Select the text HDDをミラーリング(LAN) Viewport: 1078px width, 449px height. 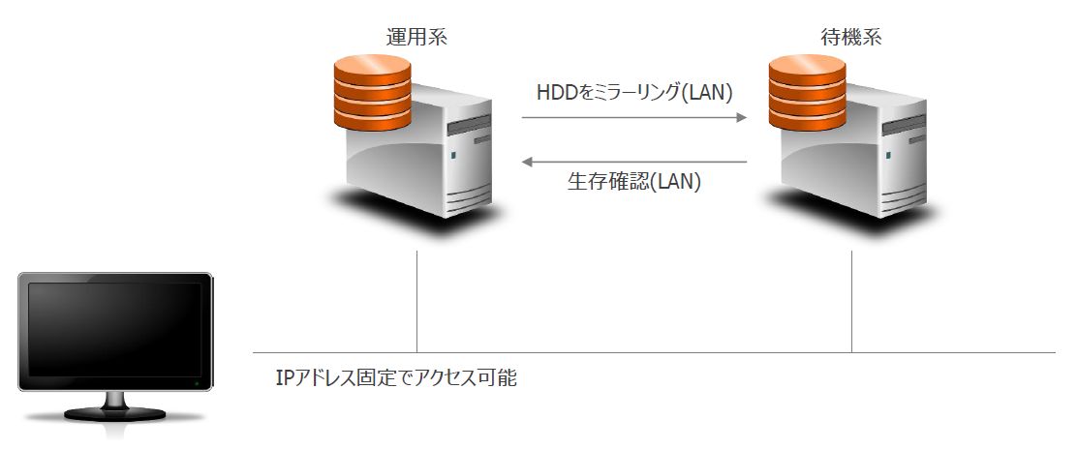pyautogui.click(x=634, y=93)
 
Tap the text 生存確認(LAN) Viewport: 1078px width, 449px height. pyautogui.click(x=634, y=181)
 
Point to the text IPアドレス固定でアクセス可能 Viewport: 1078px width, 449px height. pyautogui.click(x=396, y=378)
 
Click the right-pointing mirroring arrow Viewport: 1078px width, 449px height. pyautogui.click(x=634, y=118)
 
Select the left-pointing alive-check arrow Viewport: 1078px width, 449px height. pyautogui.click(x=634, y=162)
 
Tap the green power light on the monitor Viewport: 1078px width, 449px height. pyautogui.click(x=197, y=384)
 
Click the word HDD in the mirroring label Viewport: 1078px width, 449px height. pyautogui.click(x=556, y=93)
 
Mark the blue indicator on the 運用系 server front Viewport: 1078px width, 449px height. pyautogui.click(x=452, y=155)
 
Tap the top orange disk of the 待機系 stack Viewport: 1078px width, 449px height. pyautogui.click(x=807, y=68)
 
